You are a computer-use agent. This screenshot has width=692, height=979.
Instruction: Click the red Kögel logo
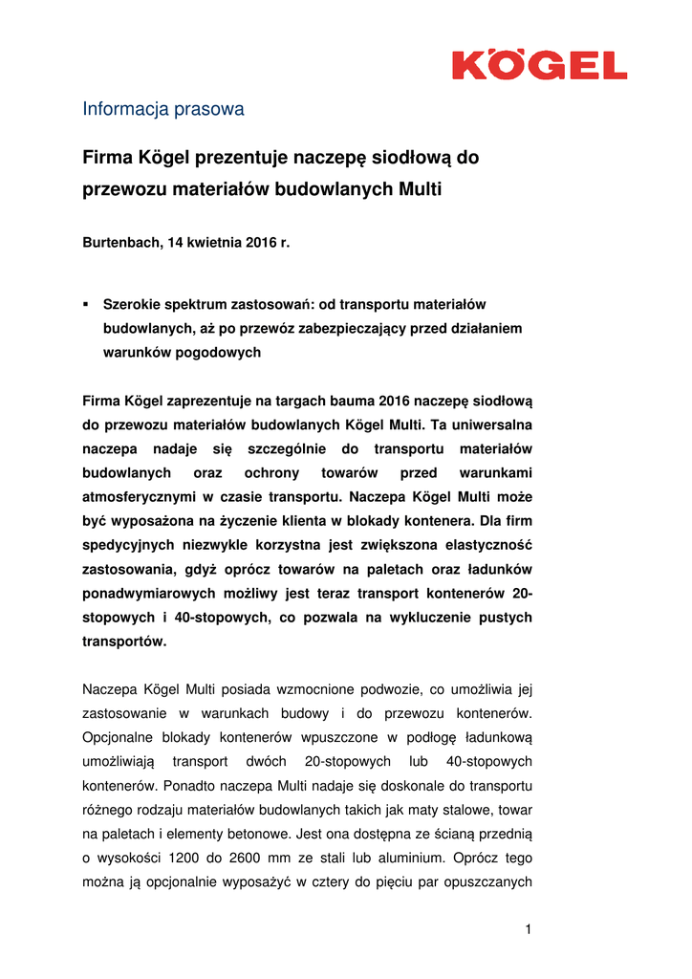coord(539,65)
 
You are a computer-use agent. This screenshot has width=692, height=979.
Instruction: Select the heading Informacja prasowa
coord(162,109)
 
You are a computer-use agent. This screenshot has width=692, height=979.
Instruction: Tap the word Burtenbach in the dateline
coord(121,243)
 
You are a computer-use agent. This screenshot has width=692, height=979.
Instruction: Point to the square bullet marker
coord(85,303)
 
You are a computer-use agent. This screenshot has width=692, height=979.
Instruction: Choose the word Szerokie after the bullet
coord(133,305)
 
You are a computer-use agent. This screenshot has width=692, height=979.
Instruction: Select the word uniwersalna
coord(488,424)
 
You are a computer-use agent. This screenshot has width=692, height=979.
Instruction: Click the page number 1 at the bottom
coord(528,929)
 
